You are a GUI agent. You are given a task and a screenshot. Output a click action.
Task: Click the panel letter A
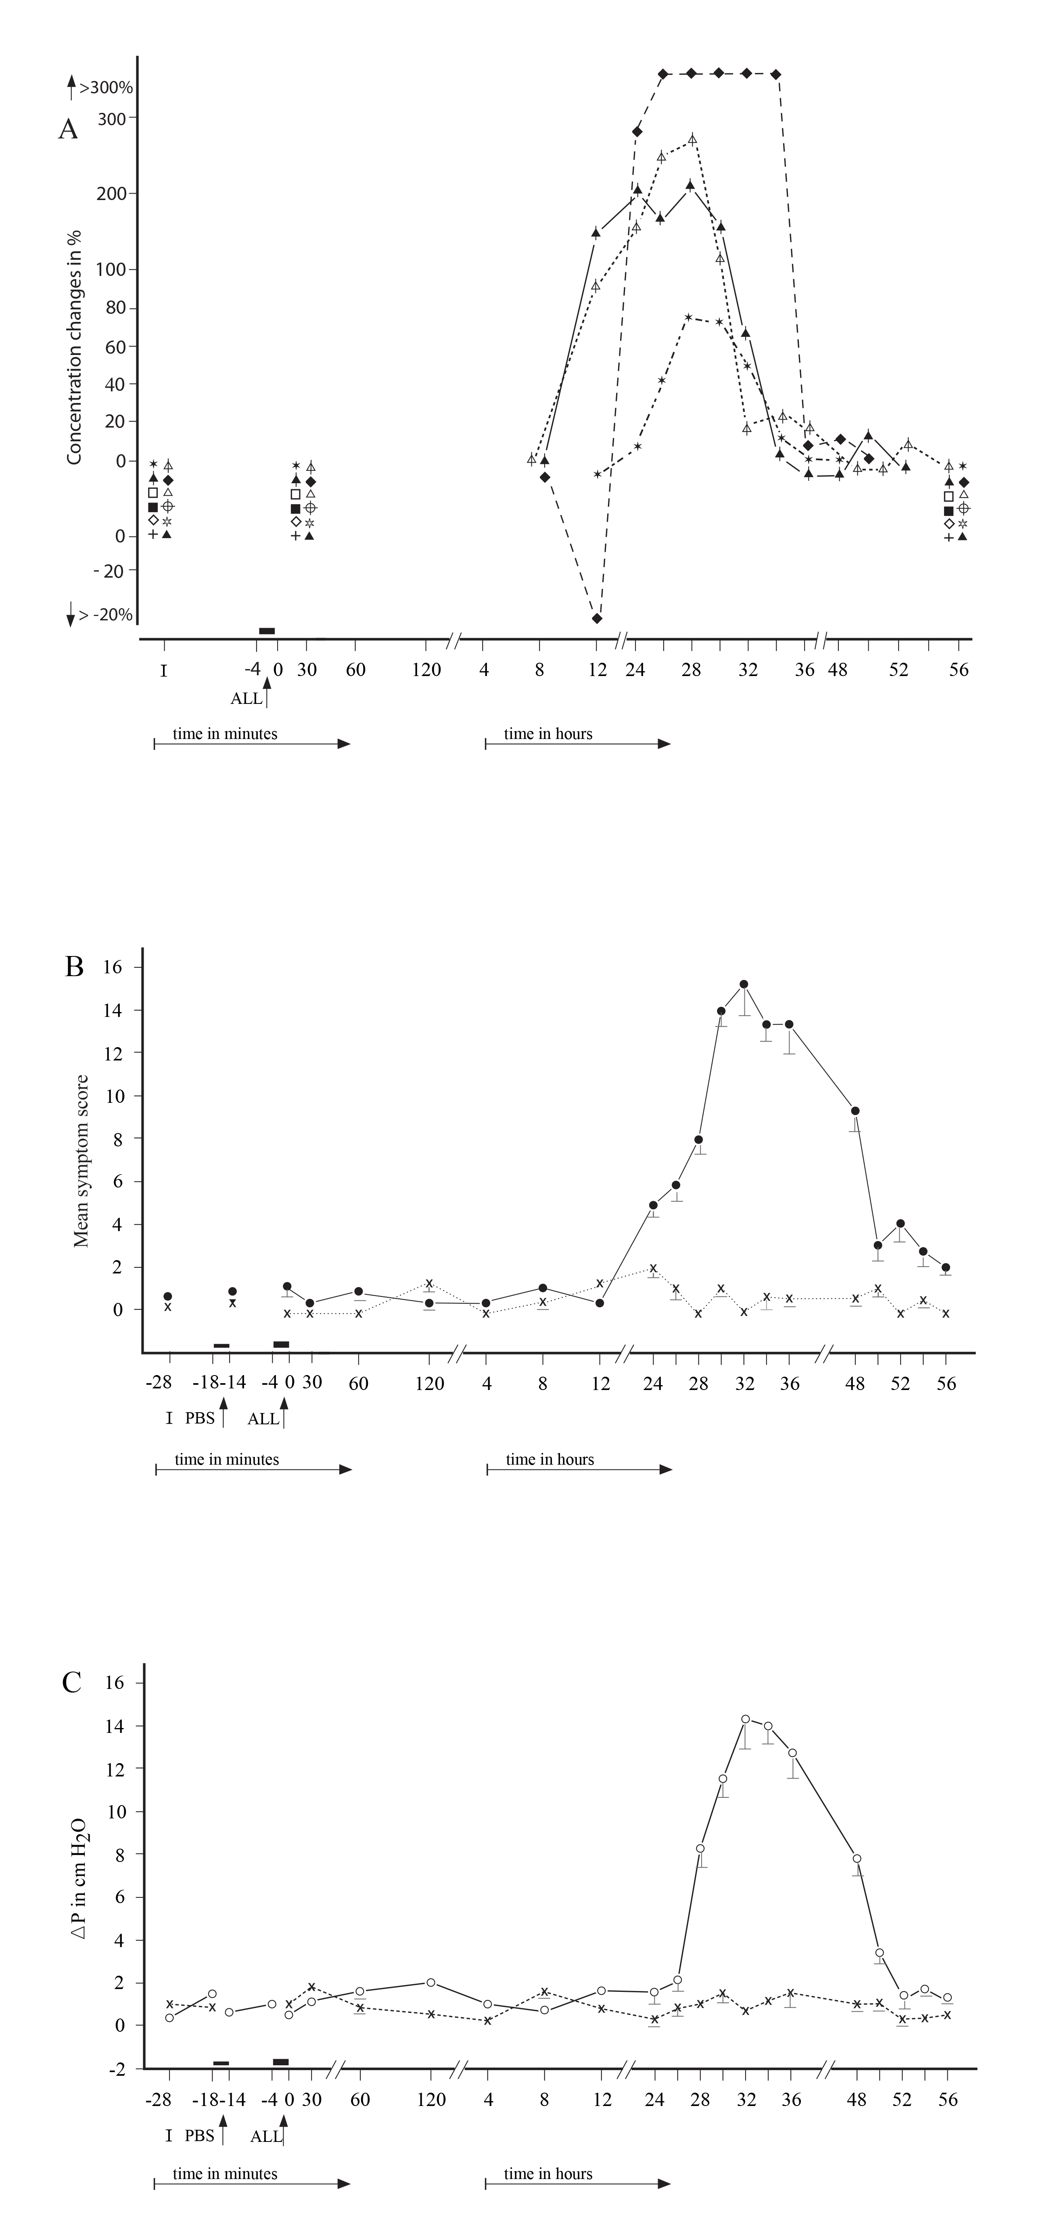67,129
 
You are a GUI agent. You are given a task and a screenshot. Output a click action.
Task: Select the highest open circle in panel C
745,1719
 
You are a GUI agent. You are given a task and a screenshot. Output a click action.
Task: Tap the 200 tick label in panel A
111,194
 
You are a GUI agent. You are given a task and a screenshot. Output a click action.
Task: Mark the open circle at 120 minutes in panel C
430,1958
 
